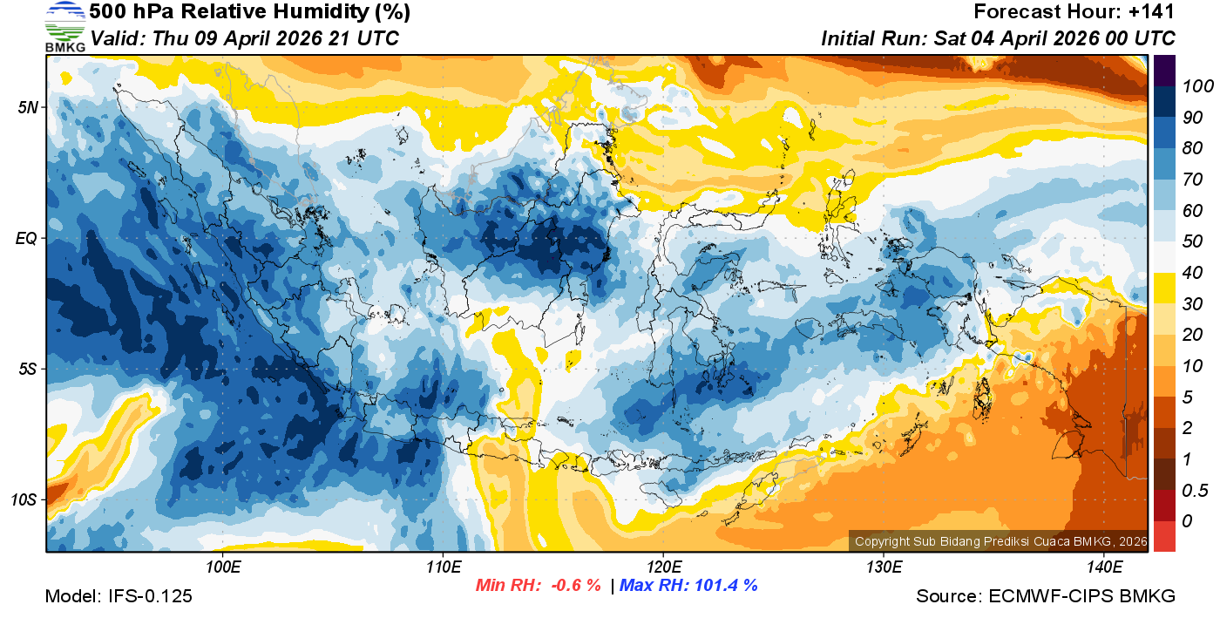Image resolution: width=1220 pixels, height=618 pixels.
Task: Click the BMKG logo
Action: [x=64, y=26]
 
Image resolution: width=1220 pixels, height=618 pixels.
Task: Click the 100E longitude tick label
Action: [x=223, y=567]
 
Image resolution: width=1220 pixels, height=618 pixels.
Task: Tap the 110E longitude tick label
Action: [x=443, y=567]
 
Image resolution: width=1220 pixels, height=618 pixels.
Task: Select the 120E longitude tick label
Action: [x=663, y=567]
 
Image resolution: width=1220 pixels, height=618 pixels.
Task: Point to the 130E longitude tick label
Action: [x=884, y=567]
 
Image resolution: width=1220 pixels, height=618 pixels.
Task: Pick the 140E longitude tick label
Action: [x=1104, y=567]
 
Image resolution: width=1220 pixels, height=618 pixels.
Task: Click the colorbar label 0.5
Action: [x=1194, y=490]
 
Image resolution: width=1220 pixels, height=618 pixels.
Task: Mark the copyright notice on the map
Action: [x=1000, y=541]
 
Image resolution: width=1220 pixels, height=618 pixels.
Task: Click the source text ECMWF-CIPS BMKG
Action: [x=1082, y=596]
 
